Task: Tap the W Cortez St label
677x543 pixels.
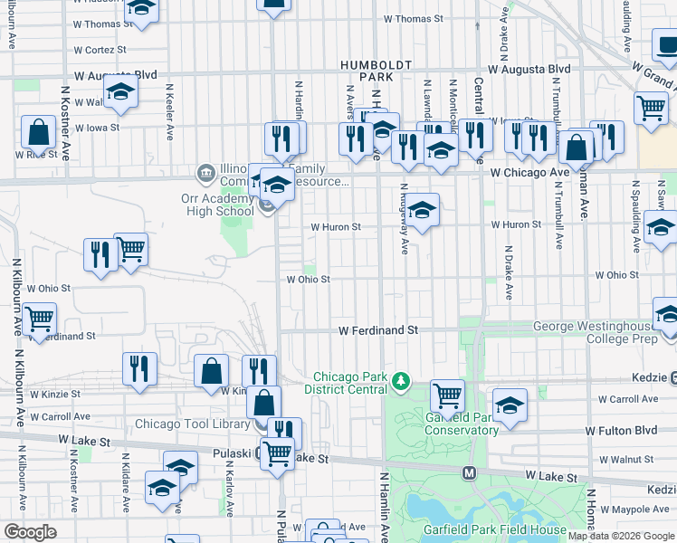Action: click(x=100, y=50)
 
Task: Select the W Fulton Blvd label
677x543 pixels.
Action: click(x=620, y=432)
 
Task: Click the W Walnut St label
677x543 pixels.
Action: click(x=625, y=460)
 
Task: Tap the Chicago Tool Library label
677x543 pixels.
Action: click(x=193, y=424)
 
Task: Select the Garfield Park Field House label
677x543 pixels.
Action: click(x=493, y=530)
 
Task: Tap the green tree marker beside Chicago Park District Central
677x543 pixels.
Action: click(x=401, y=383)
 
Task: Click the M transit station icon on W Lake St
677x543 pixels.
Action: click(x=470, y=472)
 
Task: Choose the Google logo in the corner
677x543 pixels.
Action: click(x=30, y=532)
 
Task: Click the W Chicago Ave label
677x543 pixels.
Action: click(x=529, y=172)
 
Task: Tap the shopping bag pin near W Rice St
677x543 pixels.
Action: click(x=40, y=133)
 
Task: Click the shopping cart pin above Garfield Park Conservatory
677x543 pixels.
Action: click(x=447, y=395)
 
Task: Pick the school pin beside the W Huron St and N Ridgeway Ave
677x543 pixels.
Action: click(x=422, y=211)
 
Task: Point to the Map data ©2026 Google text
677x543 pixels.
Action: click(x=621, y=536)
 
